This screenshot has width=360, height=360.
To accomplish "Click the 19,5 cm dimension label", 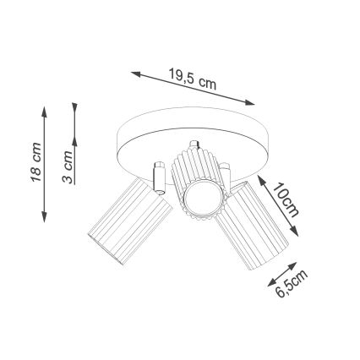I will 193,81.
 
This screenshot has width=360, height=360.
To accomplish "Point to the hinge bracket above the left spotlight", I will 157,173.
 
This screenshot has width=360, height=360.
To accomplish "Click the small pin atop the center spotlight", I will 195,146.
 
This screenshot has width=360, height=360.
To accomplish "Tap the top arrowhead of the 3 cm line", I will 75,109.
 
